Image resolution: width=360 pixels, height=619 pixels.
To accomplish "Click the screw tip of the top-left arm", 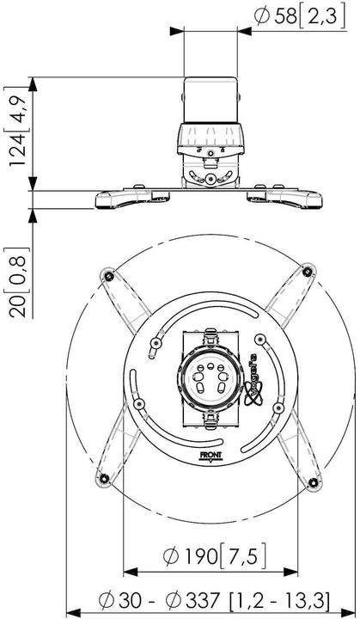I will pos(108,274).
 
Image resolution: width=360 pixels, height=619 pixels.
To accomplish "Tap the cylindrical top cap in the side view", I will pos(210,100).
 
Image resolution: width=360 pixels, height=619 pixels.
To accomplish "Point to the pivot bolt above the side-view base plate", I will pos(211,179).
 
